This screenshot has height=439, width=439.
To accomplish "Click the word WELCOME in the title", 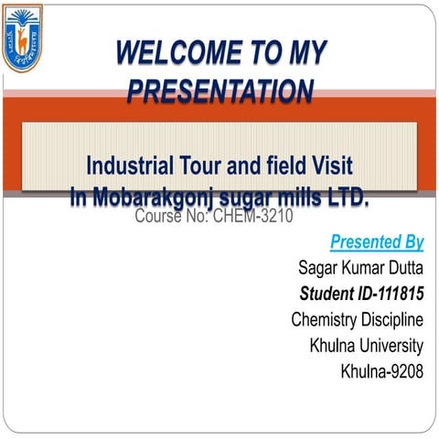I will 174,53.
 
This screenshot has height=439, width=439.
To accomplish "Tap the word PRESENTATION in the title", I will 220,91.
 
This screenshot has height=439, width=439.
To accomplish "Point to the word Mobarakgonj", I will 142,196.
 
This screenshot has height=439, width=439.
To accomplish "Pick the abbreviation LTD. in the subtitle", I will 343,196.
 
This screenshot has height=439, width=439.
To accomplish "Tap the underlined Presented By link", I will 377,242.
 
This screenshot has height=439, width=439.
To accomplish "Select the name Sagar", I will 320,268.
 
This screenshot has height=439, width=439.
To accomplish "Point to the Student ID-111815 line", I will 361,294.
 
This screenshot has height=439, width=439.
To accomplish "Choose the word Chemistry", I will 325,319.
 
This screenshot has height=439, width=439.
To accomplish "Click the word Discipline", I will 393,319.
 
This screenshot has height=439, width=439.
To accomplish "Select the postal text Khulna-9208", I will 381,371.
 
